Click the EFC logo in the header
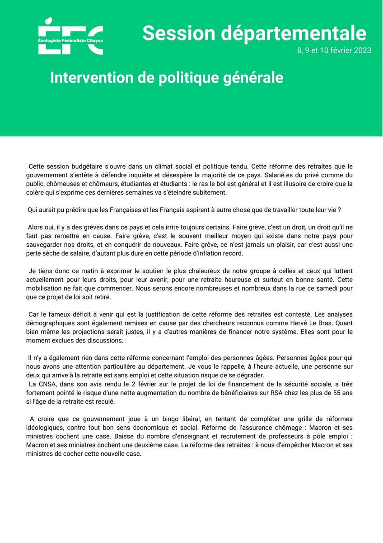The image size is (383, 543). coord(70,36)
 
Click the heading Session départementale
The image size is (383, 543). coord(254,33)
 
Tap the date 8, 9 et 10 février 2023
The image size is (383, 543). coord(334,50)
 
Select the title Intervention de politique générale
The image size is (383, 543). coord(167,77)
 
